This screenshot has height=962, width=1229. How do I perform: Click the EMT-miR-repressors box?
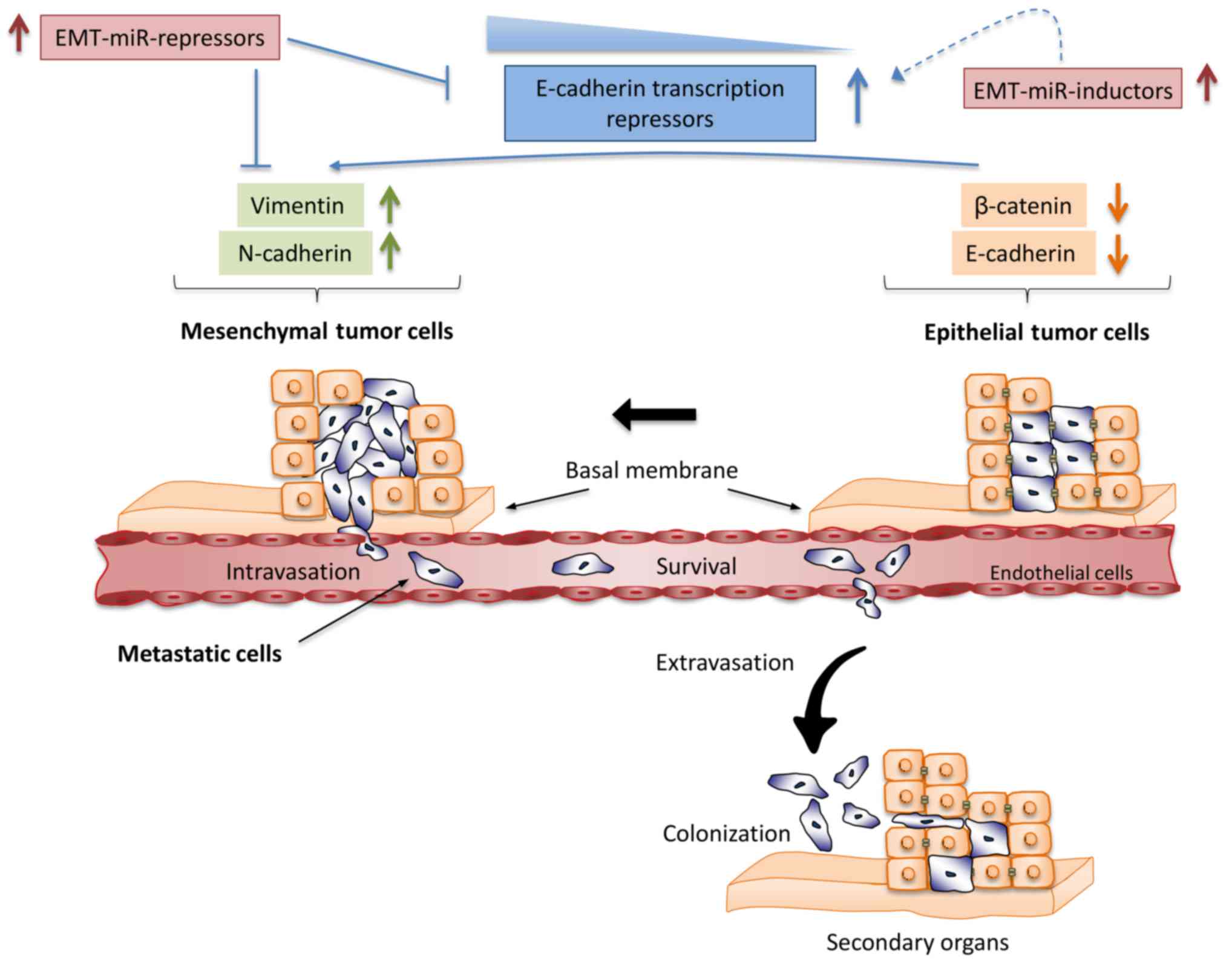click(160, 38)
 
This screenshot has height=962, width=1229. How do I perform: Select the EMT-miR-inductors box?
click(1072, 89)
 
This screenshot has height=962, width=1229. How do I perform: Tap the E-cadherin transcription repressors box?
click(660, 103)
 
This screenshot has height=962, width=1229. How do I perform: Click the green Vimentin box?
click(300, 205)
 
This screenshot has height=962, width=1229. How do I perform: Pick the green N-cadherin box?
click(295, 253)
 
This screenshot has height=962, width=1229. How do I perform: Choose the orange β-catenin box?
click(1023, 206)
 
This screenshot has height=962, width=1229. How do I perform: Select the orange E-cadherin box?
click(1023, 253)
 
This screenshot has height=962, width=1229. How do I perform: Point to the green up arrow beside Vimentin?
click(390, 205)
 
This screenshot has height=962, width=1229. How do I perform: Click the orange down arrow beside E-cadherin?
click(1117, 253)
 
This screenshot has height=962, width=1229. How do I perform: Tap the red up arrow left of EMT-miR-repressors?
click(19, 33)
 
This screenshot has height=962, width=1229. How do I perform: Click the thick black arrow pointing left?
click(654, 414)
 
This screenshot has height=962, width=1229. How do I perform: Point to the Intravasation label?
click(293, 572)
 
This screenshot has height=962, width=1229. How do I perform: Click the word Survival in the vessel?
click(696, 567)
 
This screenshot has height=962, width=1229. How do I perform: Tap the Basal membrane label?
click(651, 470)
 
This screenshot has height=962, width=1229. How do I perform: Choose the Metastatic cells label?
click(200, 653)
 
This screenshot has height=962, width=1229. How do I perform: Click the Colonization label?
click(726, 833)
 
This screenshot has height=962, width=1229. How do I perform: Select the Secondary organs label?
click(917, 942)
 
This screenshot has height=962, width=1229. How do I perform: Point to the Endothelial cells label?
click(1061, 573)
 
